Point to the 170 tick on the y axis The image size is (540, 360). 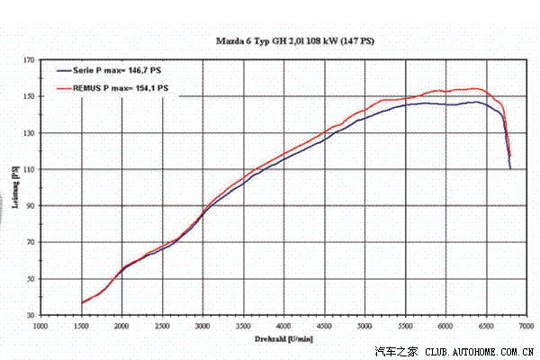point(31,60)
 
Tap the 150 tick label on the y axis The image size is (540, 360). point(31,96)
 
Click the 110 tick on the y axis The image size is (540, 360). point(31,169)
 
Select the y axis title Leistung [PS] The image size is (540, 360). point(17,188)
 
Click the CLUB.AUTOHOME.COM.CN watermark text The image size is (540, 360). point(481,352)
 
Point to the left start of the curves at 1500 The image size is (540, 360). point(82,302)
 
